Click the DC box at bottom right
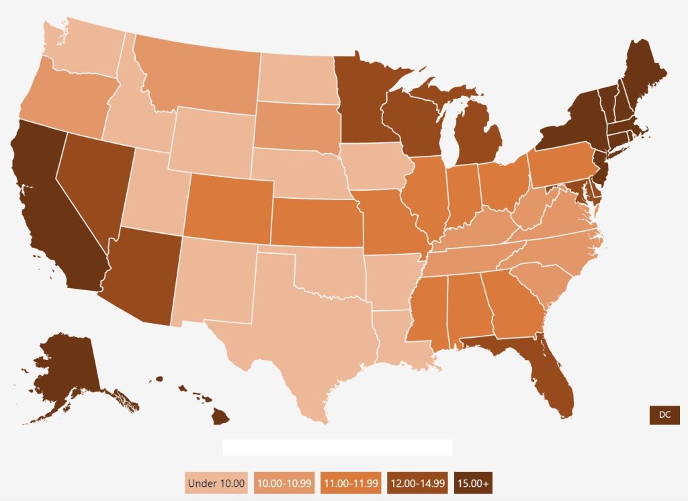coord(664,415)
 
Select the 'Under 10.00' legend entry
coord(217,483)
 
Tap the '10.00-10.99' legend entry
coord(285,483)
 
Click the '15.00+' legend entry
coord(474,483)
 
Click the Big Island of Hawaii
coord(220,417)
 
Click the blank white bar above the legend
coord(337,447)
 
